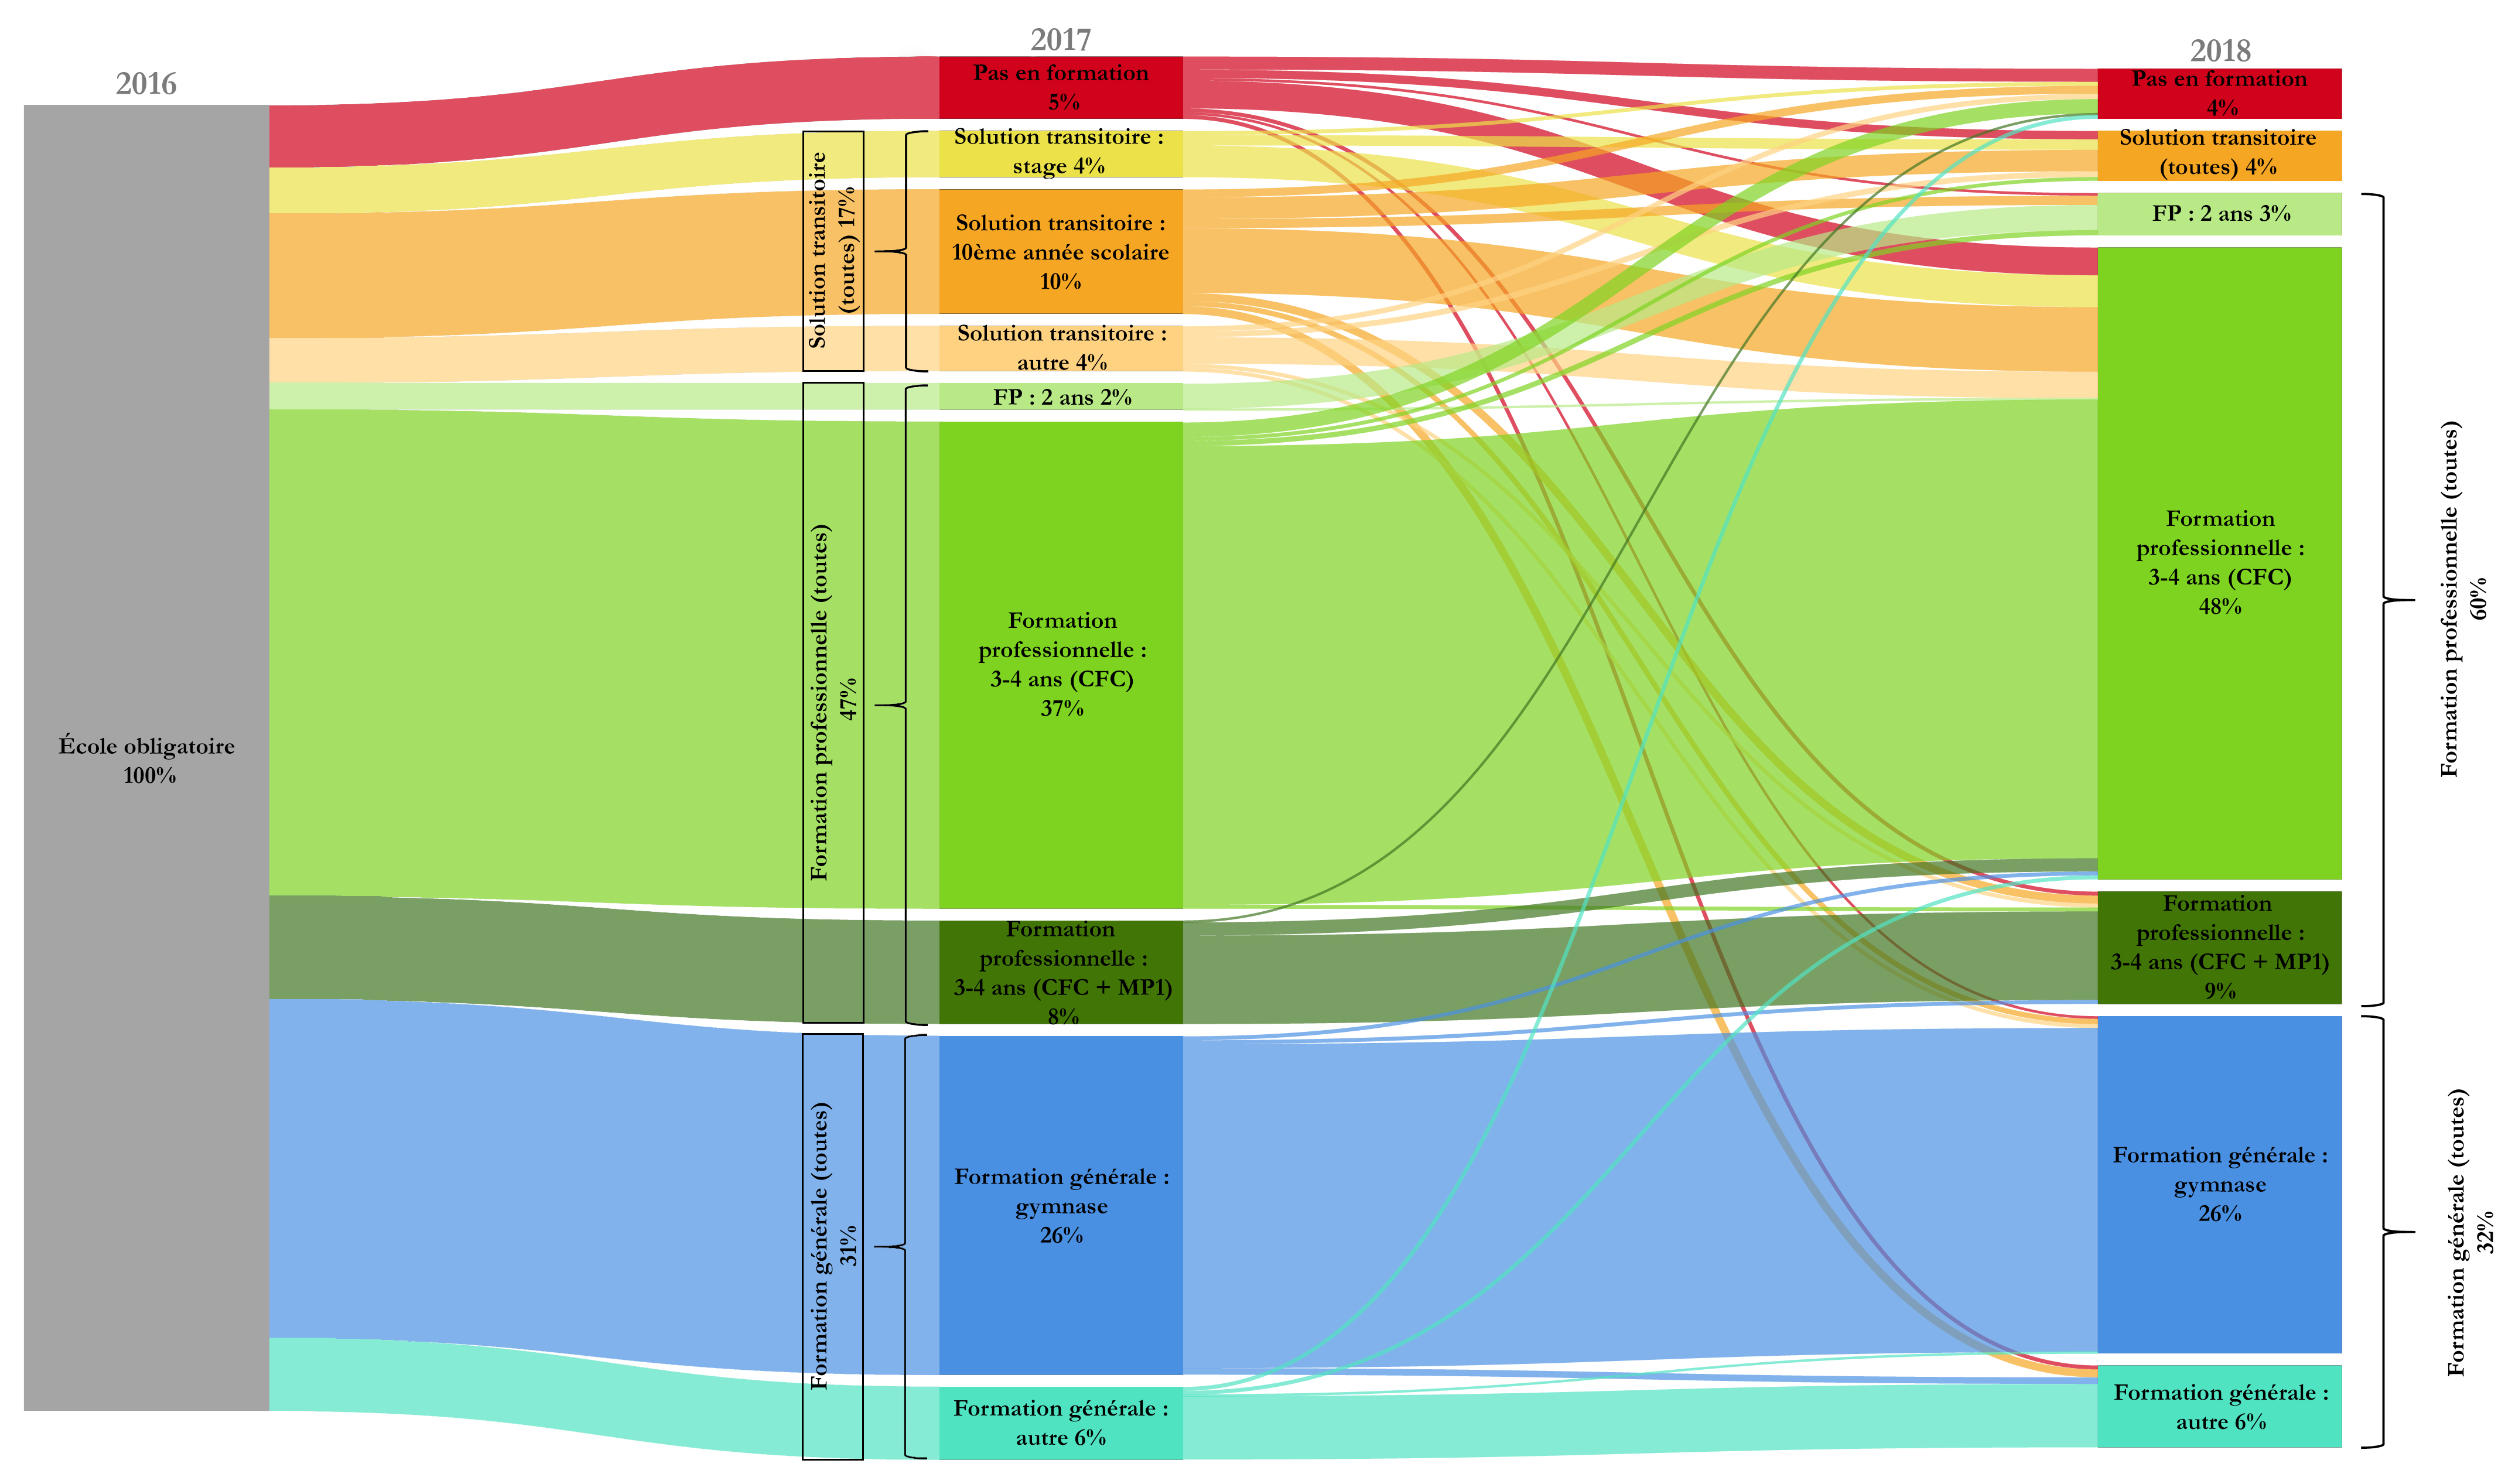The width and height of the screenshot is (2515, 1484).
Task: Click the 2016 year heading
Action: pos(146,84)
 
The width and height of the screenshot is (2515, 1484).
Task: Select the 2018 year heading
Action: pos(2220,51)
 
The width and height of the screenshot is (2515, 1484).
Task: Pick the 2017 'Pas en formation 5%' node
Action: pos(1061,87)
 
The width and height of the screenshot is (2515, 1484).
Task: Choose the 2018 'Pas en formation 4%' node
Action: pos(2220,93)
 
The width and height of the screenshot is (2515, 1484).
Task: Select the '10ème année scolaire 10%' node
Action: pos(1061,252)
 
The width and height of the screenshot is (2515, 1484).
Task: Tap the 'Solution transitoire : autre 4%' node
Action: pos(1061,348)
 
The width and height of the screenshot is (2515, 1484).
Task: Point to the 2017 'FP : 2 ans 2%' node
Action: pos(1061,397)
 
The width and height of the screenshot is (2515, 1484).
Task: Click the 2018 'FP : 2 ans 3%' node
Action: pos(2220,214)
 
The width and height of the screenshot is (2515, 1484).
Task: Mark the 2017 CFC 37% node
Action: pos(1061,665)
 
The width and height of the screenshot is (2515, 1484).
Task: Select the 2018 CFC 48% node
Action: pos(2220,563)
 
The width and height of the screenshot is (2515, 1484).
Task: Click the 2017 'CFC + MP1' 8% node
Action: pos(1061,972)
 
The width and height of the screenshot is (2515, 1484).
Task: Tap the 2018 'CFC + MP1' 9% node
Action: pos(2220,947)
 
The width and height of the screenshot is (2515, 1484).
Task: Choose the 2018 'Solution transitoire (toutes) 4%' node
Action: pos(2220,155)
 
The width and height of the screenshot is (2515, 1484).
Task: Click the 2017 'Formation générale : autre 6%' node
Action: pos(1061,1423)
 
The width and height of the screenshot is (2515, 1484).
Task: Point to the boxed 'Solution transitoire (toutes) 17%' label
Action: pos(833,251)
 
